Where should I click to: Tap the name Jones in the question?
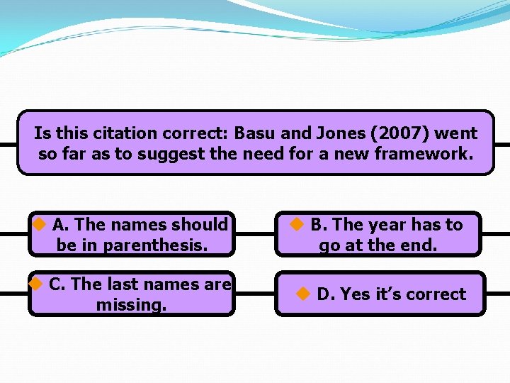click(333, 133)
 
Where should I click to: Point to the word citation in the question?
click(119, 133)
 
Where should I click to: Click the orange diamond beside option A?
click(40, 225)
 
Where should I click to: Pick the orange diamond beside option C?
click(35, 284)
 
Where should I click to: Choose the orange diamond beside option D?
click(303, 294)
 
